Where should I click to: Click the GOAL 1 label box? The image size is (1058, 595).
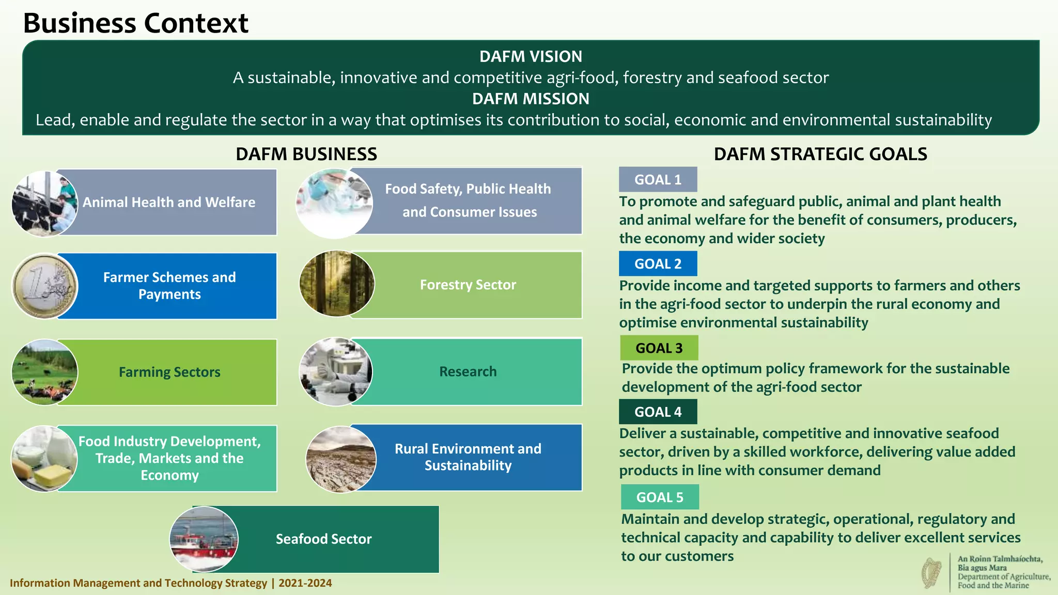(x=658, y=180)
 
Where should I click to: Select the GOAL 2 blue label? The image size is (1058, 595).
(x=658, y=264)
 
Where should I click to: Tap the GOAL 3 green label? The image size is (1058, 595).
(x=659, y=348)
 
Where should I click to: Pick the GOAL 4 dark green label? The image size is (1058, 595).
(x=658, y=412)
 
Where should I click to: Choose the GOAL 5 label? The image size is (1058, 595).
(x=660, y=497)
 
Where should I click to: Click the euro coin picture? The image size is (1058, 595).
(x=44, y=286)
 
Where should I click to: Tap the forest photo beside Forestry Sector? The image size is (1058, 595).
(x=337, y=284)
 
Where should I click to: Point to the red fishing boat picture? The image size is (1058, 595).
(x=204, y=539)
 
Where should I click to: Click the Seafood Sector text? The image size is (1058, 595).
(x=323, y=539)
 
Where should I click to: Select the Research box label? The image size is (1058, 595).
(x=468, y=372)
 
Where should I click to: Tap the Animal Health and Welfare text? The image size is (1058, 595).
(x=169, y=202)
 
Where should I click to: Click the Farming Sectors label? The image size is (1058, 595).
(x=169, y=372)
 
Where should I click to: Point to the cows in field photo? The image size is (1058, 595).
(x=44, y=372)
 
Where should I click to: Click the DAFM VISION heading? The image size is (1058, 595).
(x=531, y=56)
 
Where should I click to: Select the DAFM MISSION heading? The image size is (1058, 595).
(x=531, y=99)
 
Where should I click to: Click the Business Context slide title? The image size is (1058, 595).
(x=136, y=23)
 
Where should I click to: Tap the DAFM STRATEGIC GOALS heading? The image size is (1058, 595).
(x=820, y=154)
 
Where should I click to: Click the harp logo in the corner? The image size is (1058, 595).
(x=932, y=573)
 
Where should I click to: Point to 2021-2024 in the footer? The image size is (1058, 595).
(x=305, y=583)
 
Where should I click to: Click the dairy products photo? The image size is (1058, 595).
(x=44, y=459)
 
